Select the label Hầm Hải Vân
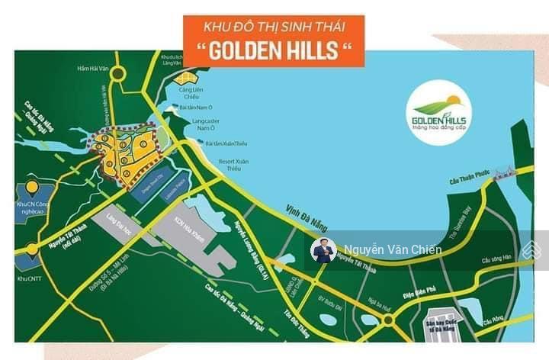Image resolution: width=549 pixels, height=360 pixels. pyautogui.click(x=94, y=69)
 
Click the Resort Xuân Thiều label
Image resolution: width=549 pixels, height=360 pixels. pyautogui.click(x=236, y=165)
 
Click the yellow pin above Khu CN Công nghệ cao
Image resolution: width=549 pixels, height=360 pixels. pyautogui.click(x=31, y=187)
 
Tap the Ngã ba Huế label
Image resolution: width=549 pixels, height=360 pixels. pyautogui.click(x=377, y=303)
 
